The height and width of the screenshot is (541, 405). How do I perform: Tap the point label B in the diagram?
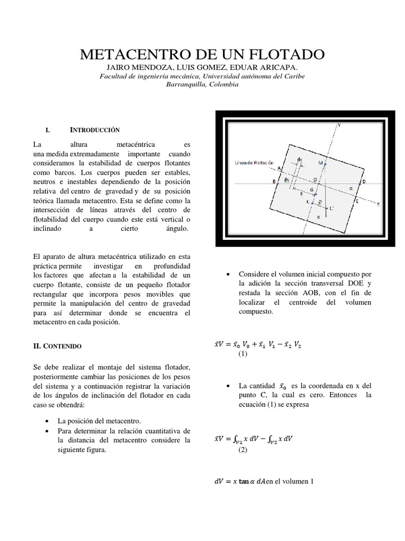pyautogui.click(x=274, y=182)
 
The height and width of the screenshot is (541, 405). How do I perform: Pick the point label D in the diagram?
pyautogui.click(x=363, y=182)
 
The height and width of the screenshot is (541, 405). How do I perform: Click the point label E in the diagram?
pyautogui.click(x=356, y=201)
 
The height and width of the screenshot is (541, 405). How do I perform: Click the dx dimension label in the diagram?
pyautogui.click(x=299, y=158)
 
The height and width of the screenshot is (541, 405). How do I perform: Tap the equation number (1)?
pyautogui.click(x=242, y=354)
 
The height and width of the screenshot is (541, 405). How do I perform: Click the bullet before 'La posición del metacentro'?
pyautogui.click(x=48, y=421)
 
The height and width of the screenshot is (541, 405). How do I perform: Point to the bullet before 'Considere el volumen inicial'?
pyautogui.click(x=227, y=274)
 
